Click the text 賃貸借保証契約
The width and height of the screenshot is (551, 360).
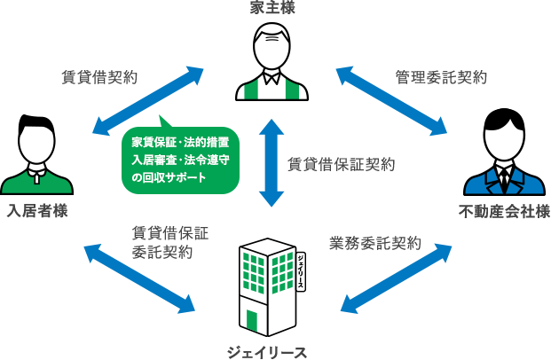coord(342,165)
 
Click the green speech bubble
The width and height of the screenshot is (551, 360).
coord(181,160)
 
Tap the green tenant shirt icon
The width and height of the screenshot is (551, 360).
coord(37,181)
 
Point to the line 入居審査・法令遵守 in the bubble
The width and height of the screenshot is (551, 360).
coord(181,160)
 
